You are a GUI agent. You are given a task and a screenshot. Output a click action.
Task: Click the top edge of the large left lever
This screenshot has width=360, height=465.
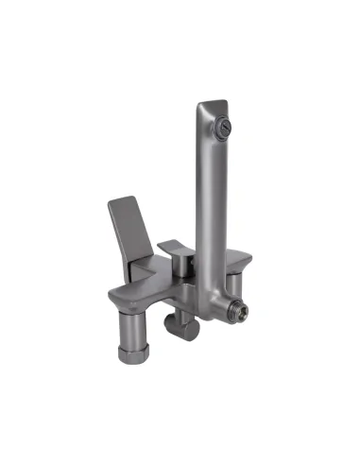point(121,201)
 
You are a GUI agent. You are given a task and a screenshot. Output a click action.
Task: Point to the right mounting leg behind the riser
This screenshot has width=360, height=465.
point(233,284)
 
